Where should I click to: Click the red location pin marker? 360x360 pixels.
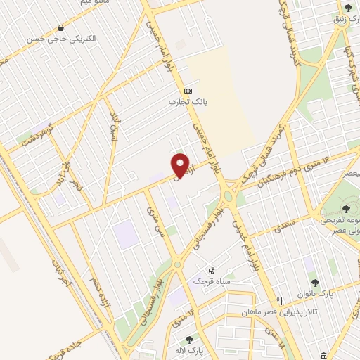[181, 166]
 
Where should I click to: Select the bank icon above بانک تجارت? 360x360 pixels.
[188, 91]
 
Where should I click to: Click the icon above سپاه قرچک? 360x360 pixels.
[210, 270]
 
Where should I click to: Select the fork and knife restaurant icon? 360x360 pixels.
[280, 300]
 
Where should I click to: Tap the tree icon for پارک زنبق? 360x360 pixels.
[349, 8]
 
